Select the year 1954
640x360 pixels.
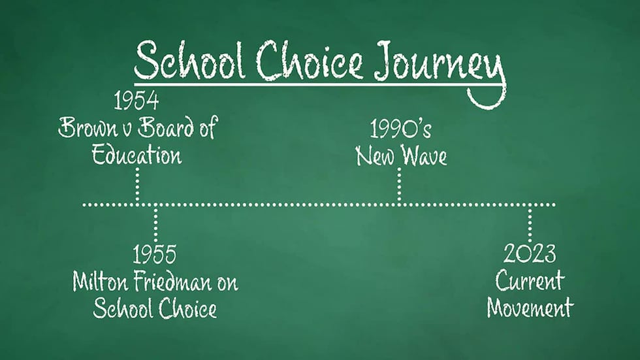coord(136,101)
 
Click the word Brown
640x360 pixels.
coord(85,129)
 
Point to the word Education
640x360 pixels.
coord(136,155)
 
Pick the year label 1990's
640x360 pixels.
coord(400,130)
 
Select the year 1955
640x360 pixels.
coord(155,254)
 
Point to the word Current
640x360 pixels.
coord(530,281)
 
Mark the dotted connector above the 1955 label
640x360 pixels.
coord(155,223)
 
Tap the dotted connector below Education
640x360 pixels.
coord(137,186)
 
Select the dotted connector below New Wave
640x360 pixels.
coord(399,186)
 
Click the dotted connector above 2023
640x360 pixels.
coord(530,223)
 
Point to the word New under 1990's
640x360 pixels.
coord(375,157)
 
